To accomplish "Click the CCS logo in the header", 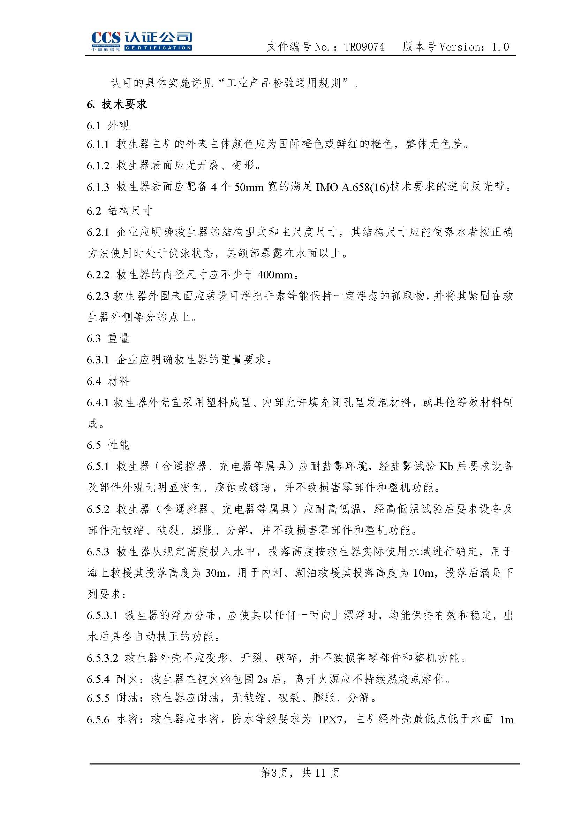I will tap(141, 41).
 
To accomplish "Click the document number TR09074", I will tap(364, 47).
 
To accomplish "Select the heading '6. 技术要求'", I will tap(117, 104).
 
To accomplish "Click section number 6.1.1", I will tap(98, 144).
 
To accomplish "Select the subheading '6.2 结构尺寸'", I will tap(119, 211).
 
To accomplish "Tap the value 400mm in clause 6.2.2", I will tap(275, 275).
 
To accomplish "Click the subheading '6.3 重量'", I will tap(108, 338).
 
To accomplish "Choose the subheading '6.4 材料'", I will tap(108, 381).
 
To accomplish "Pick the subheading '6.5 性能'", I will tap(108, 445).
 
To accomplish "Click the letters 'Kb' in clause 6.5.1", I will tap(446, 467).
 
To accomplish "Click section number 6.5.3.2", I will tap(102, 658).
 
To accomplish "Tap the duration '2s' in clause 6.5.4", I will tap(262, 679).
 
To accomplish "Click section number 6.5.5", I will tap(98, 699).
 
